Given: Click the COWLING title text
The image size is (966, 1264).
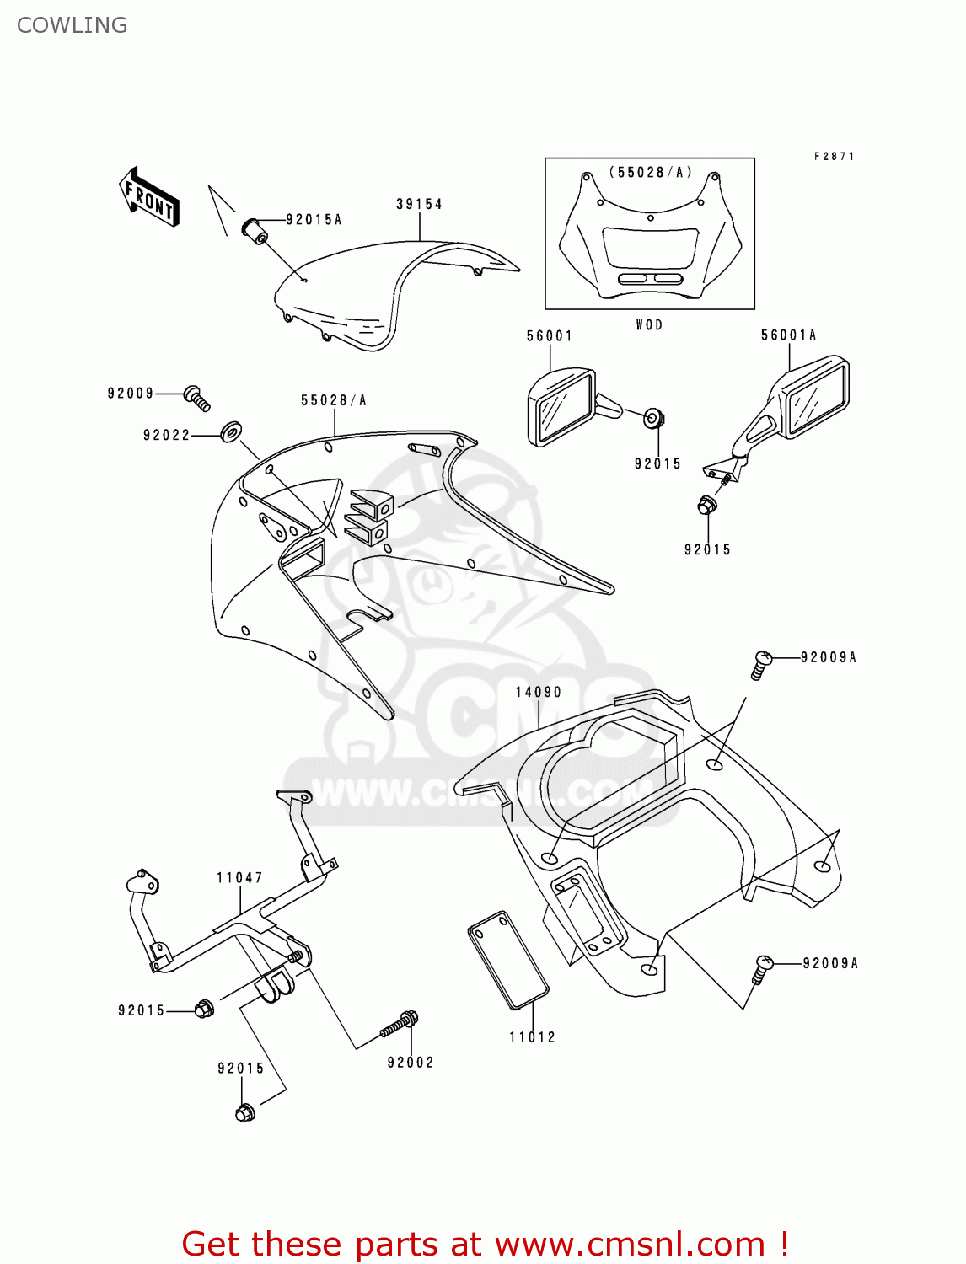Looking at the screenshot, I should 72,25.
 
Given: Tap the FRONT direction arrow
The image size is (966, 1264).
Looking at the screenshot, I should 149,198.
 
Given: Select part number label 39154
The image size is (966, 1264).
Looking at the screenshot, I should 419,204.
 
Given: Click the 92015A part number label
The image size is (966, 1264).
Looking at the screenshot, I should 314,220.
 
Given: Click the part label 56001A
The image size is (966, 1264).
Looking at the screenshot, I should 788,335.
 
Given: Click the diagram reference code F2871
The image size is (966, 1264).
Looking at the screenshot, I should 834,157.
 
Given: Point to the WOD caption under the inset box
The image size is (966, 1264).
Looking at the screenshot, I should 649,325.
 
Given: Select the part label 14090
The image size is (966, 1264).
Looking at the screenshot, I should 538,692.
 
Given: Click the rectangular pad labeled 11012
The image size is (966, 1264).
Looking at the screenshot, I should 508,959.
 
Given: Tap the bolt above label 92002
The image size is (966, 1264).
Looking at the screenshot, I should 400,1025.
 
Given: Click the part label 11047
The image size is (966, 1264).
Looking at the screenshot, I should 239,878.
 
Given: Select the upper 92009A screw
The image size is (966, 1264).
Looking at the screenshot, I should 760,664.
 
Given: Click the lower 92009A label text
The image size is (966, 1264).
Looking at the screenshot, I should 829,963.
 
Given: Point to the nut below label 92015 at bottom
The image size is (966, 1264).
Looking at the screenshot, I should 244,1112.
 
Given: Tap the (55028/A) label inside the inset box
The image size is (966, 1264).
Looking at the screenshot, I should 650,173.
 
